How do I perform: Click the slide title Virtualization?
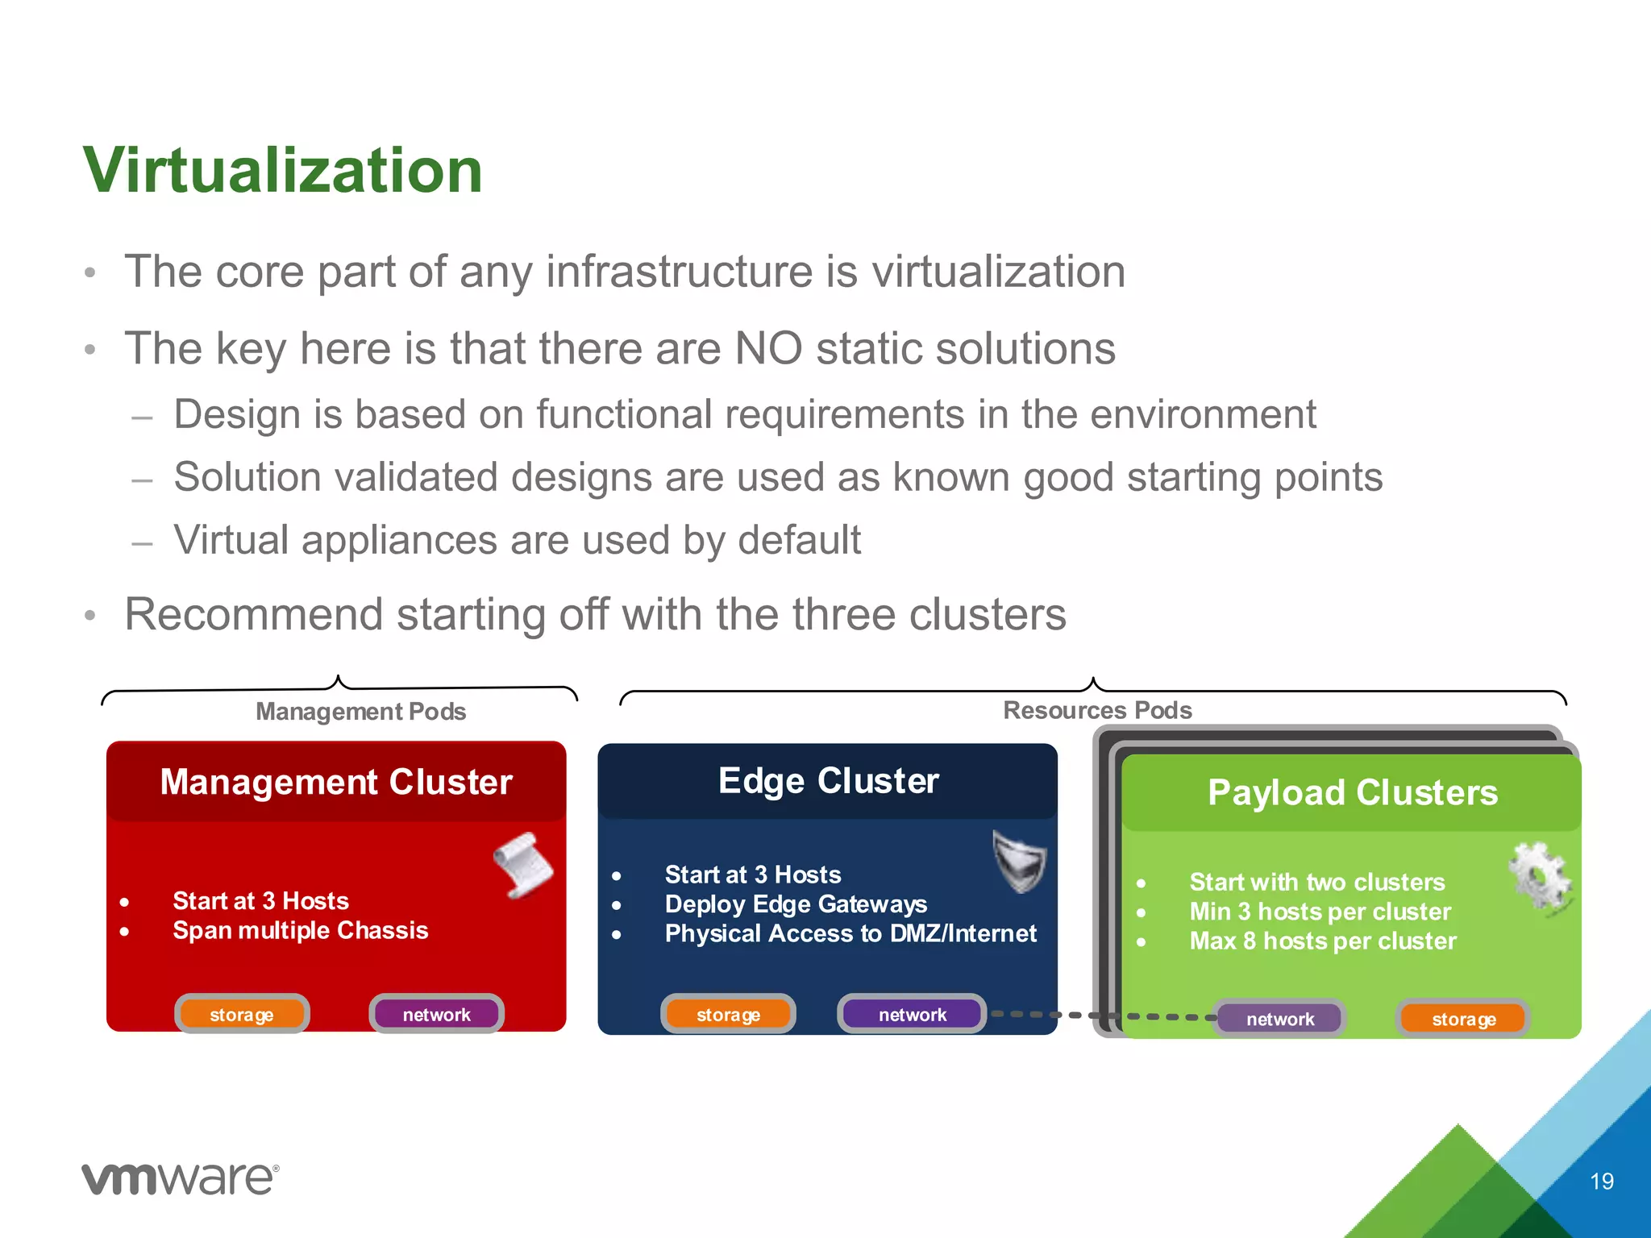282,170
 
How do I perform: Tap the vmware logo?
180,1178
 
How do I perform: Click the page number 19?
1601,1182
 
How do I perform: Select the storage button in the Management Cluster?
242,1014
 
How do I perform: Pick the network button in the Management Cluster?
436,1014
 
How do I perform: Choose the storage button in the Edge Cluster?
728,1014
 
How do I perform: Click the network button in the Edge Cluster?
912,1014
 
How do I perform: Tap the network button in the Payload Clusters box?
1279,1019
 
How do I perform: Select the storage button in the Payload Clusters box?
1463,1019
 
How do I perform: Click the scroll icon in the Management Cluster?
523,865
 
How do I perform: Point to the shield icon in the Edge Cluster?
1020,861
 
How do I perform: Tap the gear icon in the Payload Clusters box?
1540,879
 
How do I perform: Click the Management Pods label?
360,711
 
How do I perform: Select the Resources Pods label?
1096,709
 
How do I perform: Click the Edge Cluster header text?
828,780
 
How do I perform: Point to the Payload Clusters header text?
1352,792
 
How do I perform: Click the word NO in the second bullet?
768,348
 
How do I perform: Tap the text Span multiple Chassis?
300,930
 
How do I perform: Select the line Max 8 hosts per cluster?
1322,941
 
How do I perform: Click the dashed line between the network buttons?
1104,1016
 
